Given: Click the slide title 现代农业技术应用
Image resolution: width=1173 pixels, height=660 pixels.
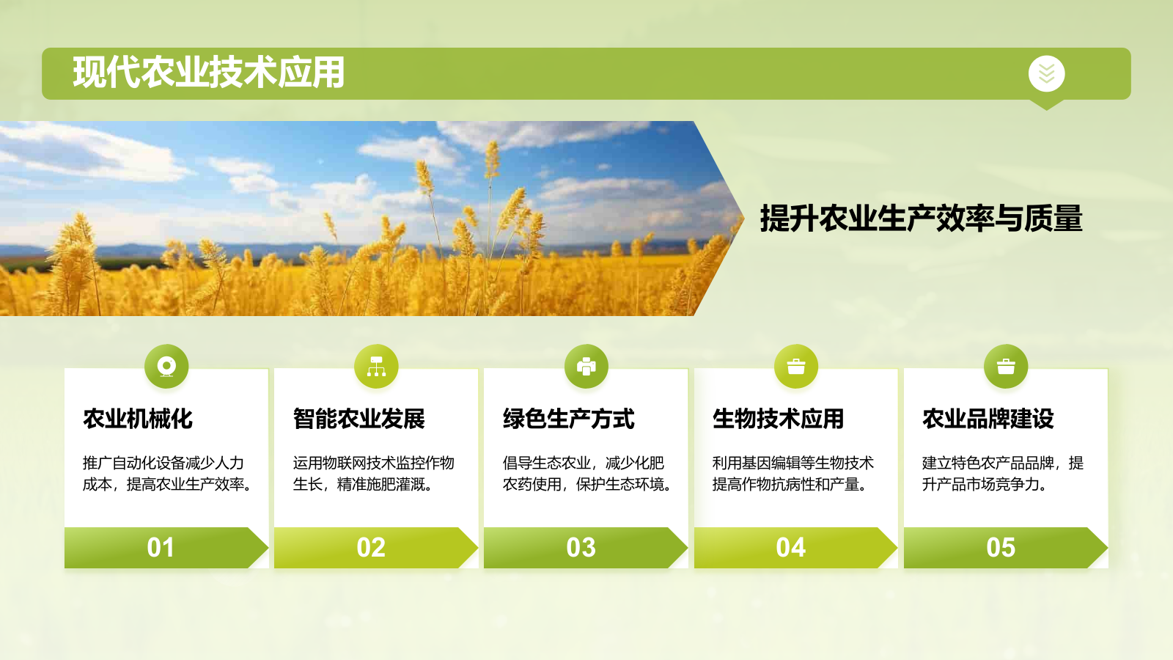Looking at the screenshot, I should point(209,73).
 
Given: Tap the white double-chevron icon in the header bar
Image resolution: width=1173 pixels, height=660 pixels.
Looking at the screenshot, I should point(1046,73).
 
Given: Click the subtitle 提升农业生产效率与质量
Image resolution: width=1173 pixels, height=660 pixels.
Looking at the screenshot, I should point(921,219).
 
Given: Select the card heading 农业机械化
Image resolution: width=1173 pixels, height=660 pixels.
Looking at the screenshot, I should point(138,419).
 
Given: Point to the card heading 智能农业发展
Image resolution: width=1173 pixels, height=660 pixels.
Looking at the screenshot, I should point(359,419).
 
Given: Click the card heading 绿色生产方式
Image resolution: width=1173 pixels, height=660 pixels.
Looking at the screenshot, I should point(569,419).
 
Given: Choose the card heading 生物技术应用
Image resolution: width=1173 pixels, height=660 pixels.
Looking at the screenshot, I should point(779,419).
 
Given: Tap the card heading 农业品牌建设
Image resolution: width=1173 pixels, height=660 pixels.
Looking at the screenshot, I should point(988,419).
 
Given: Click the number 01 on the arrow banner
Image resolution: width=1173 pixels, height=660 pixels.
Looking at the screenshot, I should point(161,548).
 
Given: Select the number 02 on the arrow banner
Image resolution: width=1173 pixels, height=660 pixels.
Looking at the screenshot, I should point(371,548).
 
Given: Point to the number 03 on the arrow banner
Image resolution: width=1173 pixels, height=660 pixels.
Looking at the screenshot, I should point(581,548).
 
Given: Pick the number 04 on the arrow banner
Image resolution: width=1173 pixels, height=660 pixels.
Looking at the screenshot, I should point(791,548).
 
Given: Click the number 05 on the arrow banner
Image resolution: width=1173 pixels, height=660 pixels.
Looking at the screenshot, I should point(1001,548).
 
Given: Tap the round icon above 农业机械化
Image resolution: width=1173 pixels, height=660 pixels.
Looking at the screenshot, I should point(166,366).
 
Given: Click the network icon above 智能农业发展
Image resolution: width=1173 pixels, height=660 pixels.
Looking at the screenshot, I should point(376,366).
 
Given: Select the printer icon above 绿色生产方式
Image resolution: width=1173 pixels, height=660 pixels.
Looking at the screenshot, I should point(586,366).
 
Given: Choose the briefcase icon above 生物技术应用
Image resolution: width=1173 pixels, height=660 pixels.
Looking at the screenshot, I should point(796,366).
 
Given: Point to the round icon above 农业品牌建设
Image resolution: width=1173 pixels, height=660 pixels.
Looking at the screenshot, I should point(1006,366).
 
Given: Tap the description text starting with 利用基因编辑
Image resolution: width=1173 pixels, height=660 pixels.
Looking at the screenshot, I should point(793,474).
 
